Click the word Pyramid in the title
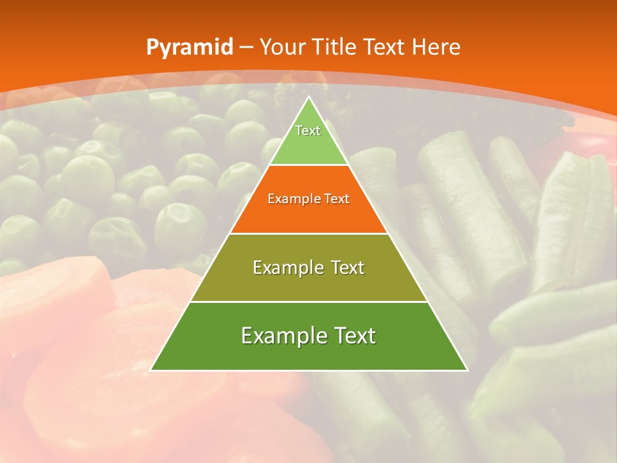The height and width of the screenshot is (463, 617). (189, 48)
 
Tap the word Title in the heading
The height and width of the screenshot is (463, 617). (336, 48)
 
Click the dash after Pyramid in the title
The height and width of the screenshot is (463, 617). (246, 48)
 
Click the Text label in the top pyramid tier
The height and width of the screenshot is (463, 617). (308, 131)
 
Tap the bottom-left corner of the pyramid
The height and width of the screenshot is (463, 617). (151, 370)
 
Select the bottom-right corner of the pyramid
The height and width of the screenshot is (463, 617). (467, 370)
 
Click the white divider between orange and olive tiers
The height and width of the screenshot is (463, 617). (309, 233)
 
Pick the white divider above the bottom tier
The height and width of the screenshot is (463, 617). (309, 302)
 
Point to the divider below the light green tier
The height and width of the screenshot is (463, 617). (309, 165)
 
